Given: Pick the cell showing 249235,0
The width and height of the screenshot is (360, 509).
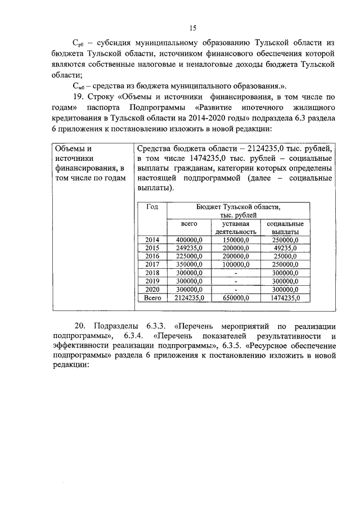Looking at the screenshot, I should (189, 248).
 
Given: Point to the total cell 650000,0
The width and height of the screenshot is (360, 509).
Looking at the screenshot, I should (236, 298).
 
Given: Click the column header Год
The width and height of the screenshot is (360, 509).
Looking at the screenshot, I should (152, 206).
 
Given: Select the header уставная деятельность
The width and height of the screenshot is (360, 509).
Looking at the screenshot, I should (236, 227).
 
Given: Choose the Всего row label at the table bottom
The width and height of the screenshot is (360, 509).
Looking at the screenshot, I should (152, 298).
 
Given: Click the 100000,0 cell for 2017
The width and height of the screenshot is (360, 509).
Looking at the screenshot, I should (236, 264).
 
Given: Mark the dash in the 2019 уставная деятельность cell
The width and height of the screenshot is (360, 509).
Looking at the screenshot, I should (236, 281).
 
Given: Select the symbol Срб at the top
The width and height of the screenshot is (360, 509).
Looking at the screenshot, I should (81, 43).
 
